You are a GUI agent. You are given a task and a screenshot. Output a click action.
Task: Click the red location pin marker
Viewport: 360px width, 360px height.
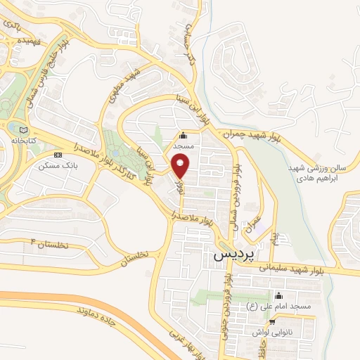[181, 166]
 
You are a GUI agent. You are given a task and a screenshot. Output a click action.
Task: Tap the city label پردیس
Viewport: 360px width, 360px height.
[231, 257]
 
